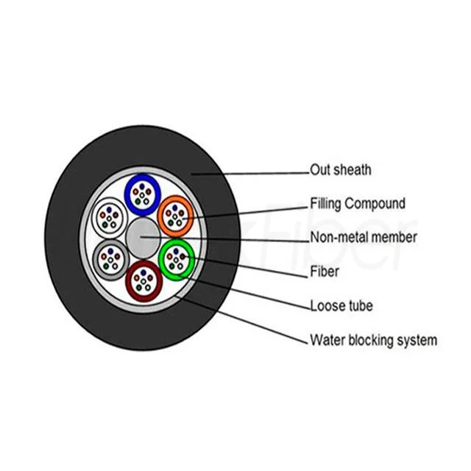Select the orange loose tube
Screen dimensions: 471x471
pyautogui.click(x=176, y=215)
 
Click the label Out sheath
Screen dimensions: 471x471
pyautogui.click(x=341, y=170)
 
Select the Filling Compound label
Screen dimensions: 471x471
pyautogui.click(x=358, y=204)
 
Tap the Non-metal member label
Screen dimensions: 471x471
pyautogui.click(x=364, y=237)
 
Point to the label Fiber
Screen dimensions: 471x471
pyautogui.click(x=324, y=272)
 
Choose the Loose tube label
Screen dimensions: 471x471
pyautogui.click(x=342, y=305)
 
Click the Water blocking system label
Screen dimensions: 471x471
pyautogui.click(x=373, y=340)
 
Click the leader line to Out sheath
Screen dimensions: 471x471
pyautogui.click(x=250, y=173)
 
